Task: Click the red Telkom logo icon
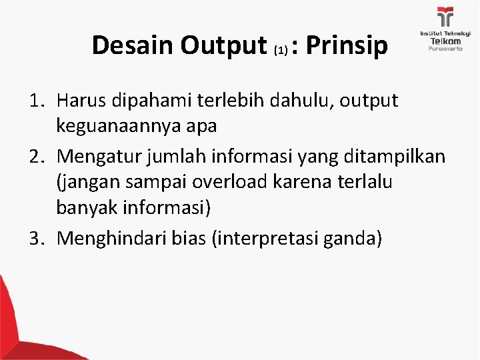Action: (445, 17)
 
